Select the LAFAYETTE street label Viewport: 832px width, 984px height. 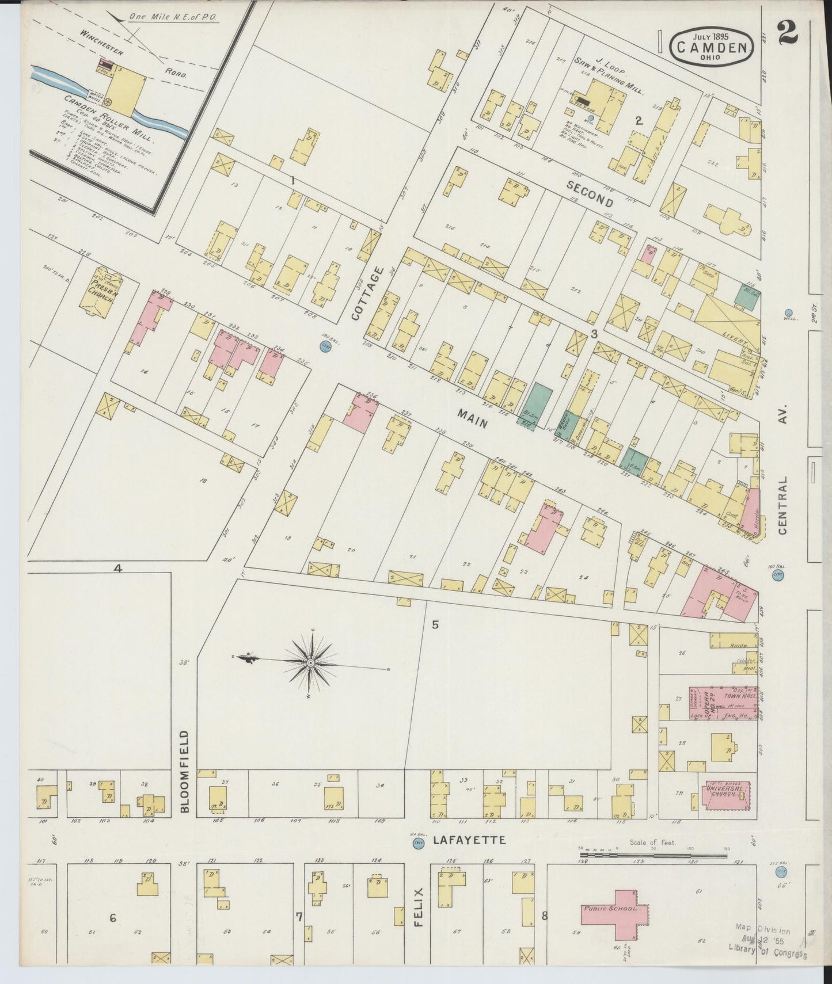(469, 840)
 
